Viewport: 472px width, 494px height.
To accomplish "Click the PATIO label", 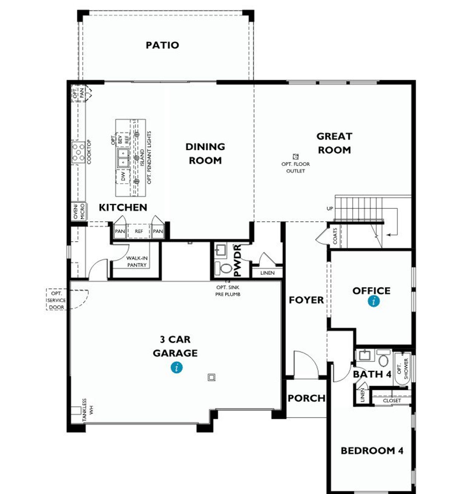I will [162, 45].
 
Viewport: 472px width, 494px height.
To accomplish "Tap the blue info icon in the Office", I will [374, 301].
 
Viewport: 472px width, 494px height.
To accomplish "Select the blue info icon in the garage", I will [177, 367].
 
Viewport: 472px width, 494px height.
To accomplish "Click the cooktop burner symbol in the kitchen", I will [78, 152].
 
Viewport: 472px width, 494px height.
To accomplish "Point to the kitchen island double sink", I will [123, 158].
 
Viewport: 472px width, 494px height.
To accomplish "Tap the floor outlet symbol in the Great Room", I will [295, 157].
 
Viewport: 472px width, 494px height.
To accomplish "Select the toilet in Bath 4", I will [383, 359].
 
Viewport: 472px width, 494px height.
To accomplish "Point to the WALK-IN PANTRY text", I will [137, 262].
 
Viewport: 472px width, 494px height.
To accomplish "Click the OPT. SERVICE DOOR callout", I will [56, 300].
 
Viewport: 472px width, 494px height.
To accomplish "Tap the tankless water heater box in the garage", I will [76, 411].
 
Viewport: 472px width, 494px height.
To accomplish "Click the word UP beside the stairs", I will [330, 209].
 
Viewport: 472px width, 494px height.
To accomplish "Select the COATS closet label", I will [335, 236].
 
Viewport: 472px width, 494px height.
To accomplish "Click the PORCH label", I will [306, 398].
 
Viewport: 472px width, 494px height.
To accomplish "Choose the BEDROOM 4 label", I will [372, 451].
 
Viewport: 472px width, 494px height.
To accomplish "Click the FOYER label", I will [306, 300].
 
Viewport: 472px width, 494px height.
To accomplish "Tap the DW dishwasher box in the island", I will [123, 176].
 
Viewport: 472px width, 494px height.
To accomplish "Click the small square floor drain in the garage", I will [211, 377].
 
